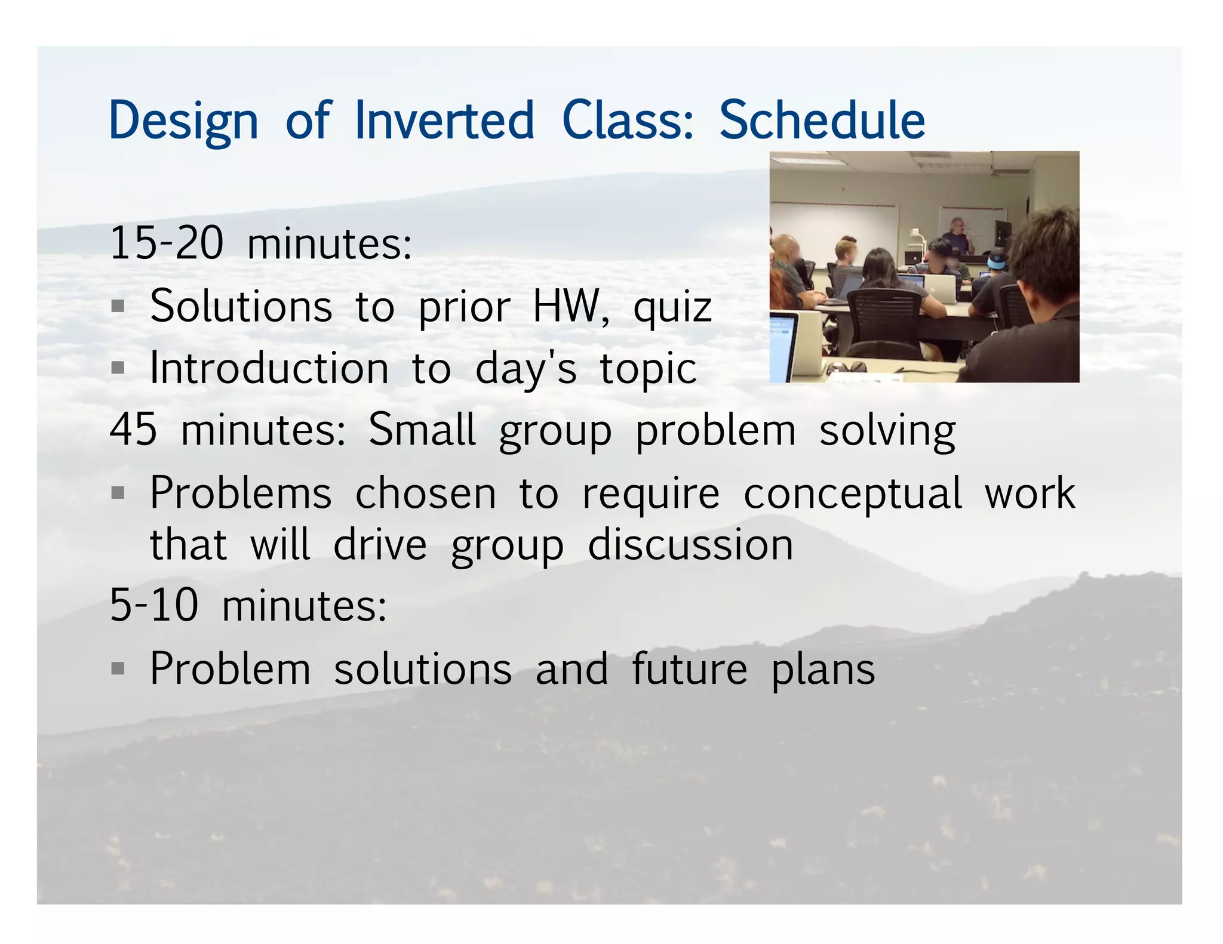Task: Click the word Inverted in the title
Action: coord(444,121)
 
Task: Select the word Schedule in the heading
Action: coord(822,121)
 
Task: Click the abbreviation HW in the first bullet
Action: coord(566,307)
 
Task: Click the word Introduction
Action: coord(269,369)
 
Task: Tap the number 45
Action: coord(134,430)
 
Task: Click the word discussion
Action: coord(690,545)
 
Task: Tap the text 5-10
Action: coord(154,605)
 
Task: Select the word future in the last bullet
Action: coord(689,670)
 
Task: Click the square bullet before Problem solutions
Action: coord(118,668)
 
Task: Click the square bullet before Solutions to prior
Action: coord(118,307)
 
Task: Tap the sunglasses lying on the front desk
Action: coord(847,366)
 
